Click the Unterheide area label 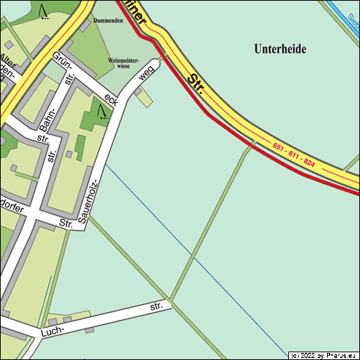point(281,49)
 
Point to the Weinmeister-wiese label point(122,63)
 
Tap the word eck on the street point(111,100)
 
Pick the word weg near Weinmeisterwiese point(146,73)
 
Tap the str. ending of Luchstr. point(156,307)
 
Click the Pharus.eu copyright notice point(323,356)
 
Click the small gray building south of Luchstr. point(89,329)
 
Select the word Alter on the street point(7,59)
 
